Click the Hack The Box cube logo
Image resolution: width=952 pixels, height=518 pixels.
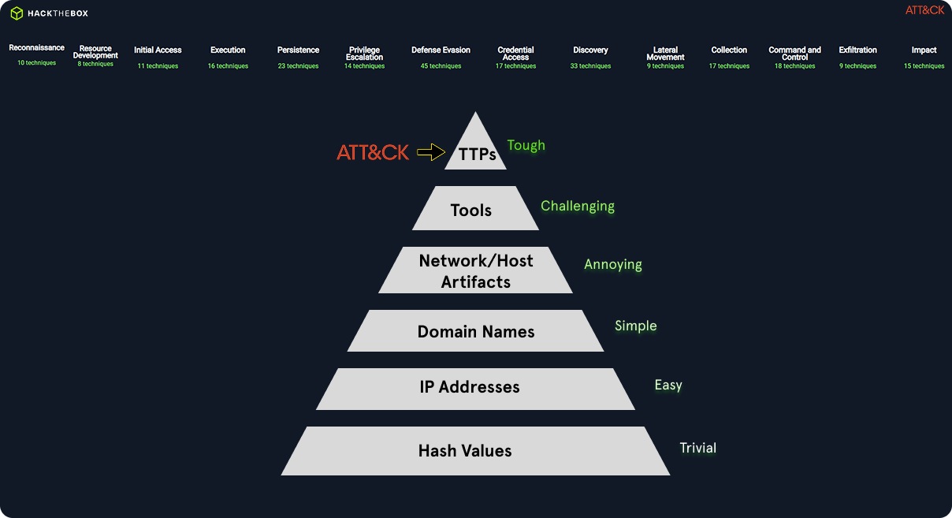pyautogui.click(x=17, y=13)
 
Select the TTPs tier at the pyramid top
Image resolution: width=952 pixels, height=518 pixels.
pyautogui.click(x=477, y=154)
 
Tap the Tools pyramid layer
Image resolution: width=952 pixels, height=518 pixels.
pyautogui.click(x=471, y=210)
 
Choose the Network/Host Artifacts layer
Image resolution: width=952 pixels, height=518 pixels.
pyautogui.click(x=476, y=271)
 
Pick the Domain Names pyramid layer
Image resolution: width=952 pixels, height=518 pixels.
pyautogui.click(x=476, y=332)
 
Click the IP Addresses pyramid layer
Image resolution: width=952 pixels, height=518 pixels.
pyautogui.click(x=470, y=387)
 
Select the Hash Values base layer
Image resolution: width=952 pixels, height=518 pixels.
pyautogui.click(x=465, y=451)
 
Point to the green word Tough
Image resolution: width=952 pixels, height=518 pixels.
pyautogui.click(x=526, y=145)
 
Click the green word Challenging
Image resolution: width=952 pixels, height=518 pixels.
pyautogui.click(x=577, y=206)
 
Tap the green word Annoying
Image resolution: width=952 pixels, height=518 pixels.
pyautogui.click(x=612, y=264)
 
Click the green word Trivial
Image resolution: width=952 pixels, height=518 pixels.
pyautogui.click(x=697, y=448)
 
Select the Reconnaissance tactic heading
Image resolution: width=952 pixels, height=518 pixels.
pyautogui.click(x=36, y=48)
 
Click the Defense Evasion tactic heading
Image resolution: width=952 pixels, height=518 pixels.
pyautogui.click(x=441, y=50)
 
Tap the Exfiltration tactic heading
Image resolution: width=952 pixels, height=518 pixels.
pyautogui.click(x=857, y=50)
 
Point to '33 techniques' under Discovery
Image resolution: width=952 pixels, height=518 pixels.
pyautogui.click(x=590, y=66)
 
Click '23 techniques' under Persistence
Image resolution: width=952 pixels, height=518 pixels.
pyautogui.click(x=298, y=66)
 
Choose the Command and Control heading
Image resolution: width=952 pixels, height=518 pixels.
pyautogui.click(x=794, y=53)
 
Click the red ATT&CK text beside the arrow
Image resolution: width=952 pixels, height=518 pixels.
pyautogui.click(x=373, y=153)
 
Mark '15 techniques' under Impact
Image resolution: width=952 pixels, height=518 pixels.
pyautogui.click(x=924, y=66)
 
